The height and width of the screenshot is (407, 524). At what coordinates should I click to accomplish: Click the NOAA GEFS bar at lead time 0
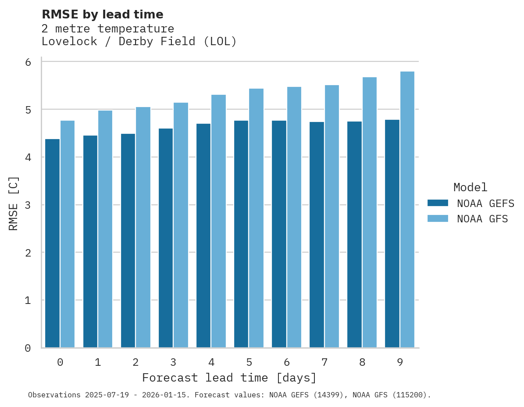(53, 243)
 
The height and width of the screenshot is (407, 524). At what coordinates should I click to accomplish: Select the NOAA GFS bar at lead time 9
(407, 210)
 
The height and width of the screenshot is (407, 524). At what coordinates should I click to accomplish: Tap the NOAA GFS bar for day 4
(218, 221)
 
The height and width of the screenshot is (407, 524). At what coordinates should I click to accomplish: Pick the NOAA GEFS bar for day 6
(279, 234)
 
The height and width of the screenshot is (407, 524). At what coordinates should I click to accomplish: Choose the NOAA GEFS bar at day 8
(354, 235)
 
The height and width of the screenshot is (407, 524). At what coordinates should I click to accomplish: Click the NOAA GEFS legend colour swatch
(438, 203)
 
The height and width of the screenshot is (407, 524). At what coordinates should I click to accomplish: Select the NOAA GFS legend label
(482, 219)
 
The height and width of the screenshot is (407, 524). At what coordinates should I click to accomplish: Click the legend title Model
(470, 187)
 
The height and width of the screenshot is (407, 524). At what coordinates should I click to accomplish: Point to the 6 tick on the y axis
(28, 62)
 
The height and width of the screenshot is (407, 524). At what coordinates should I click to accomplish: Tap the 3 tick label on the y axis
(28, 205)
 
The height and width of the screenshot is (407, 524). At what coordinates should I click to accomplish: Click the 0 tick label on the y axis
(28, 348)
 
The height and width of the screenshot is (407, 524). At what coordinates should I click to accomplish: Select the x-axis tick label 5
(249, 362)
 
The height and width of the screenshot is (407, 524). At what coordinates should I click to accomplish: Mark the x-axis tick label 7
(324, 362)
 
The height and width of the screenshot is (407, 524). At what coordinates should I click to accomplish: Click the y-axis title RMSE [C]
(14, 203)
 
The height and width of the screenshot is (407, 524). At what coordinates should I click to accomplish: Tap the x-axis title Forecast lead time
(229, 378)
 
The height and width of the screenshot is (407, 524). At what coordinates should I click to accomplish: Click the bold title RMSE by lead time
(102, 14)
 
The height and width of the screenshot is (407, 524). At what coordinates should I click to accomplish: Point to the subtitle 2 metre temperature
(107, 29)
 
